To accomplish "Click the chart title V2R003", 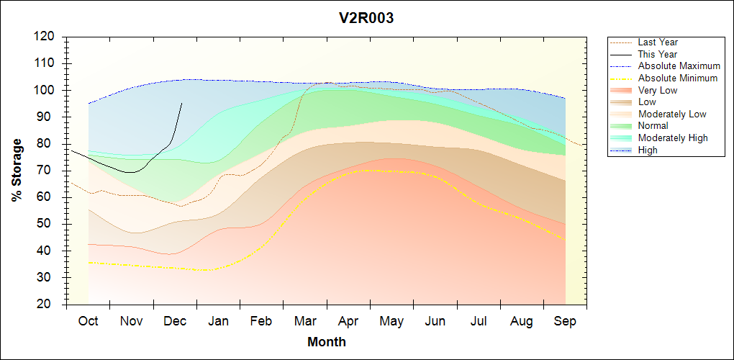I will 366,19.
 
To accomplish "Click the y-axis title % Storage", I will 17,169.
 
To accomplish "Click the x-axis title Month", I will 326,342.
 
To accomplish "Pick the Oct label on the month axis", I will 88,321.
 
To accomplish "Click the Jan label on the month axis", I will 218,321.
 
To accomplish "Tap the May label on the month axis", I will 391,321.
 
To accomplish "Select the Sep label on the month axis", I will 565,321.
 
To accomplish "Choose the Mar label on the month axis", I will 304,321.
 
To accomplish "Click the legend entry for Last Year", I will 658,42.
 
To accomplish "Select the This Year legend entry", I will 657,54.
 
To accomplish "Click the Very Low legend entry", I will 657,90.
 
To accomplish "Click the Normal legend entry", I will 653,126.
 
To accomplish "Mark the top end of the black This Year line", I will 181,103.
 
